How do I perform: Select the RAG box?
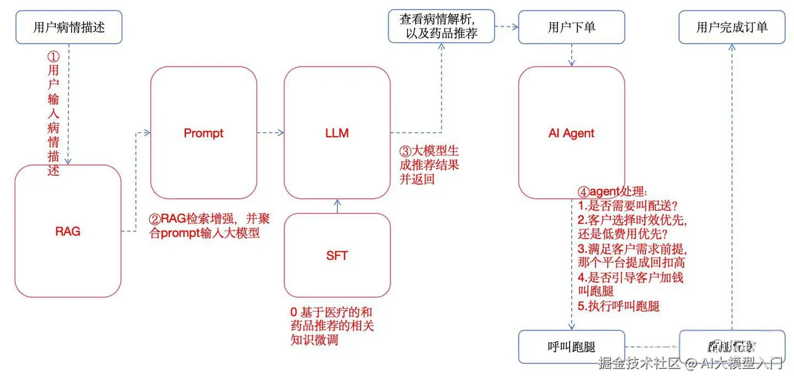68,231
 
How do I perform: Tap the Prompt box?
203,133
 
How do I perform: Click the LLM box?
337,133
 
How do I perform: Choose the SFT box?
337,255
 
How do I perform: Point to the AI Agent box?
571,133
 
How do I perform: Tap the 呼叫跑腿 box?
571,347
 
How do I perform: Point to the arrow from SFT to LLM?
337,206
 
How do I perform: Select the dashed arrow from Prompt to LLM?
270,133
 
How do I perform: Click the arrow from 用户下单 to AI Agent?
572,55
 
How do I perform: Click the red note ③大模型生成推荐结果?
429,164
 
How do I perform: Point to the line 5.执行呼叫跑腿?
619,306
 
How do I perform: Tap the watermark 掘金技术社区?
640,363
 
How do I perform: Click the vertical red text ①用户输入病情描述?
53,113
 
